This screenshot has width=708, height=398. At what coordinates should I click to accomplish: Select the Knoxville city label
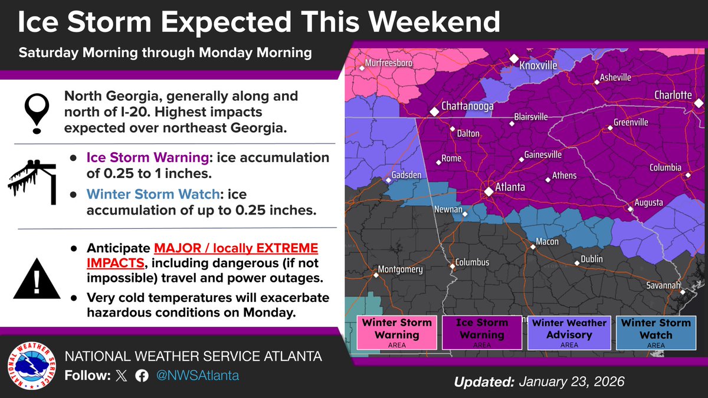[x=538, y=65]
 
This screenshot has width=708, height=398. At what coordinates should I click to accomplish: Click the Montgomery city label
[x=400, y=269]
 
